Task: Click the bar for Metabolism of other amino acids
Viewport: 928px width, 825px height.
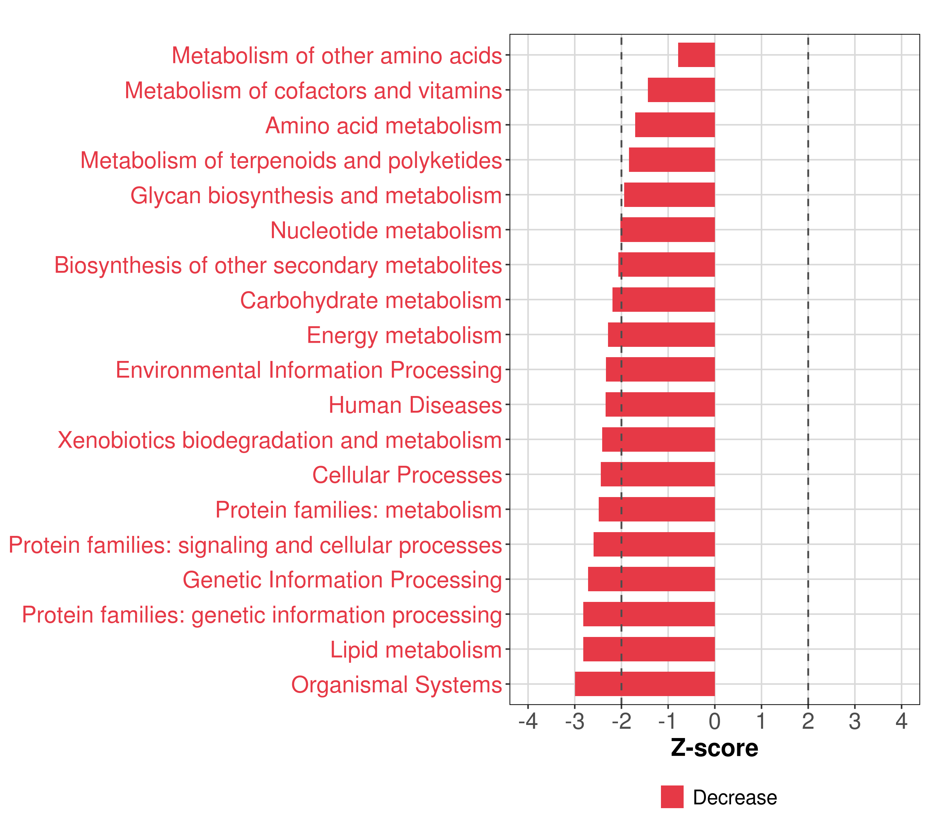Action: coord(696,55)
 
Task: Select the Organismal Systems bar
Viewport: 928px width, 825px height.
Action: coord(645,684)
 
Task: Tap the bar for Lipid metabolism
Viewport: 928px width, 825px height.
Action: coord(649,649)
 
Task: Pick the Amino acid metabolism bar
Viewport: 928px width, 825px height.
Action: coord(675,125)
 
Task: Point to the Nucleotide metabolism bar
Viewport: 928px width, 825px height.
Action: coord(667,230)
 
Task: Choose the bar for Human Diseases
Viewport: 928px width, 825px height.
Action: coord(660,405)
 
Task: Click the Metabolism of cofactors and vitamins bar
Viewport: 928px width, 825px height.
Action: coord(681,90)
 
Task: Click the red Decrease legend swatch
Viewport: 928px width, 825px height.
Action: coord(672,797)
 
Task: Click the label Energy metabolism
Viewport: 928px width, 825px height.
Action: coord(404,335)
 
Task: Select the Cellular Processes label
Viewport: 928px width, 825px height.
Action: coord(407,475)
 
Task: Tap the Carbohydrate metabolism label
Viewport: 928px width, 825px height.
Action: coord(371,300)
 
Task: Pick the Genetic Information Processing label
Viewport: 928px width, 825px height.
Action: coord(342,580)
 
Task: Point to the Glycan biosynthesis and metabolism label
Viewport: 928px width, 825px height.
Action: coord(316,196)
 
